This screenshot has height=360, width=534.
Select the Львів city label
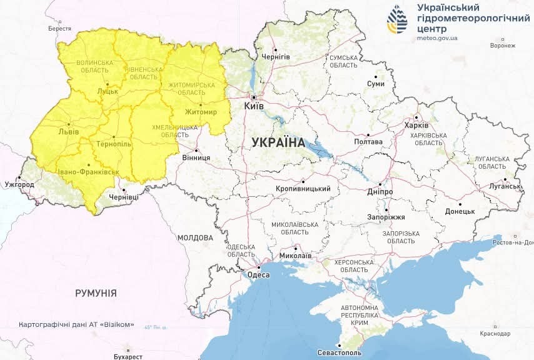68,132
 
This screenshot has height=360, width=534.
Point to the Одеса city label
258,275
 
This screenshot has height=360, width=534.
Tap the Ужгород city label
19,185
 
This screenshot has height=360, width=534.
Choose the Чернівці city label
124,197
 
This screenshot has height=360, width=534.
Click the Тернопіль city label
114,144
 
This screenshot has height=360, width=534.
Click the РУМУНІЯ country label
96,292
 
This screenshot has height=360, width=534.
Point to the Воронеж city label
503,46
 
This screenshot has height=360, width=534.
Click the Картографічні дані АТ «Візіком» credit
77,325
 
